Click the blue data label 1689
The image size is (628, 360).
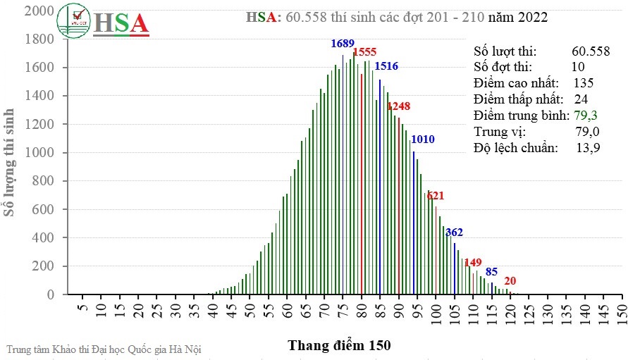coord(343,44)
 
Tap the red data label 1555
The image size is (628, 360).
coord(364,52)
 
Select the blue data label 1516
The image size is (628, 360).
coord(386,66)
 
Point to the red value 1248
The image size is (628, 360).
coord(398,106)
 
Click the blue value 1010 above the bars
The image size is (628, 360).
coord(423,139)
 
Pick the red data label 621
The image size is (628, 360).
coord(436,196)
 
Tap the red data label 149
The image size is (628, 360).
coord(473,263)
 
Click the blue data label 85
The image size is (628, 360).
coord(491,271)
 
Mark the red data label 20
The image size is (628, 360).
coord(510,280)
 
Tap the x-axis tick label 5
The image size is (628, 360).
coord(82,310)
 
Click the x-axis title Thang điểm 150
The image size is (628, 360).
coord(339,346)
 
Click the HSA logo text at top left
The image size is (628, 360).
coord(121,23)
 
